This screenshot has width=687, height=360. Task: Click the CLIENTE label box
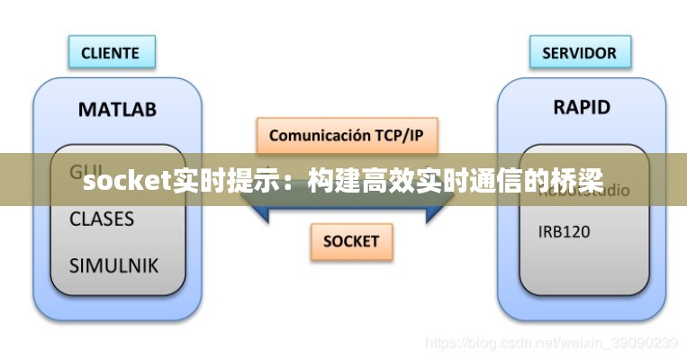[x=112, y=52]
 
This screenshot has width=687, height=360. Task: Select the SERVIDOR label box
[x=579, y=52]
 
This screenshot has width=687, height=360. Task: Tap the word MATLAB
[x=117, y=110]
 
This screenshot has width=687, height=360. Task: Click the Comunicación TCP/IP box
[x=346, y=136]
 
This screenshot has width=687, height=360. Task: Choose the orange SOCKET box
[x=351, y=241]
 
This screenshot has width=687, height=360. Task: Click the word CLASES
[x=102, y=219]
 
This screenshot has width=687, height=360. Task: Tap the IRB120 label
[x=565, y=231]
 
